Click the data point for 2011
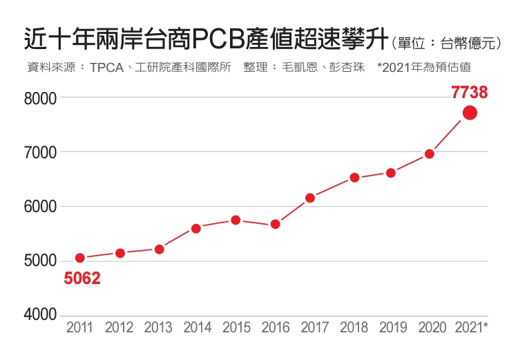(x=80, y=258)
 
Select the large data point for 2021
(x=470, y=113)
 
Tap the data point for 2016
(x=275, y=224)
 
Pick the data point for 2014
(x=196, y=228)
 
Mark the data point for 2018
(x=354, y=178)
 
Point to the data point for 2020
(x=429, y=153)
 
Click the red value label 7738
(x=470, y=92)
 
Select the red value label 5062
(x=82, y=278)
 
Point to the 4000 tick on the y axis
(x=40, y=315)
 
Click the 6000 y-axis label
(x=40, y=207)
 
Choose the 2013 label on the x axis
(x=158, y=328)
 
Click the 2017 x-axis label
(x=315, y=328)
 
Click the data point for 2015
(x=236, y=220)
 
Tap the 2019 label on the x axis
(x=393, y=328)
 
